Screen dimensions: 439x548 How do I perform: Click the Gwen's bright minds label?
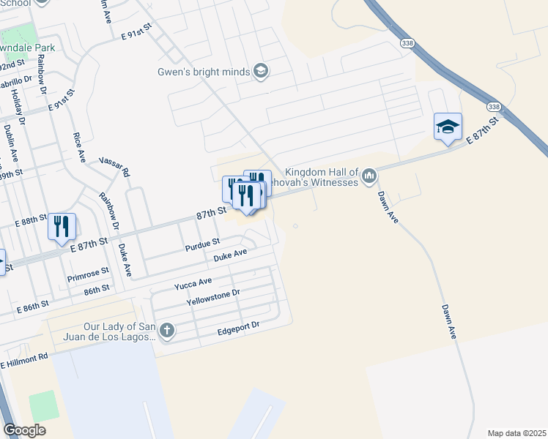coord(204,72)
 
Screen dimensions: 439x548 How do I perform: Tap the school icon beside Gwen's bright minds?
coord(260,71)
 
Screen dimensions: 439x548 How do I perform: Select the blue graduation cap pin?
coord(447,127)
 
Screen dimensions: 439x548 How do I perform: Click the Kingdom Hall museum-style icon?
coord(369,176)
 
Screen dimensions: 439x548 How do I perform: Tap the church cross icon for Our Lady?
coord(167,331)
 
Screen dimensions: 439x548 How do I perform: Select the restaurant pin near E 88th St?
coord(62,227)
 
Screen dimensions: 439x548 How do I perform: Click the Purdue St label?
coord(203,242)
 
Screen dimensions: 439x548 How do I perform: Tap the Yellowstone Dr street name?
coord(213,297)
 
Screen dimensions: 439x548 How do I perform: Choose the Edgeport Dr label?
coord(238,331)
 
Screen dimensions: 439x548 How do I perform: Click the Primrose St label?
coord(88,274)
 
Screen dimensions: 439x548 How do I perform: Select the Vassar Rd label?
coord(114,165)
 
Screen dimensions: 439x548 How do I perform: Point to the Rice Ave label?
coord(78,146)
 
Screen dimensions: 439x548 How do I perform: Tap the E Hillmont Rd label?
coord(23,360)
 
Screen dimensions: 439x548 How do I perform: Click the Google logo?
coord(24,430)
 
